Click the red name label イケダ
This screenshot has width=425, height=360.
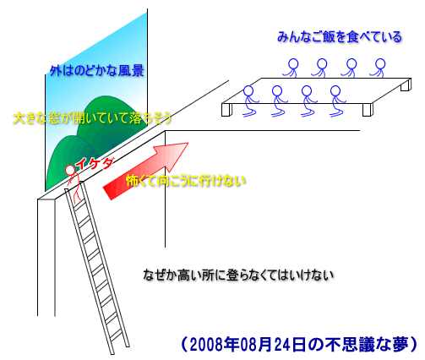95,164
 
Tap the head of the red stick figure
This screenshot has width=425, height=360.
70,170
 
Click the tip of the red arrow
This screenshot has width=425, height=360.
188,143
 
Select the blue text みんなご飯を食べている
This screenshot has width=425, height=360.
340,37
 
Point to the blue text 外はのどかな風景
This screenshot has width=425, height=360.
97,70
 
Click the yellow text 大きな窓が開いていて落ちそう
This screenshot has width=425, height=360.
92,117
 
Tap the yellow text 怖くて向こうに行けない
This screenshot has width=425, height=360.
186,181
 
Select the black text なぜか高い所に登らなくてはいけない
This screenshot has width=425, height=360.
238,275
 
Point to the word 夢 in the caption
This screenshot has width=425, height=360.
400,344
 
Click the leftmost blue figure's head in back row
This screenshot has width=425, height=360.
293,63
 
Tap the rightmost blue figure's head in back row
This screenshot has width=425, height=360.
380,63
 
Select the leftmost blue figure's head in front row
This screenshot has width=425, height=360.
248,90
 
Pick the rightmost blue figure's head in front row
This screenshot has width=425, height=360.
335,91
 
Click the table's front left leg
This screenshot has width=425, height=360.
226,110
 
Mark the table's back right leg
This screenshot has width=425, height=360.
406,85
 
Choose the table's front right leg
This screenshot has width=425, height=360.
368,110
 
